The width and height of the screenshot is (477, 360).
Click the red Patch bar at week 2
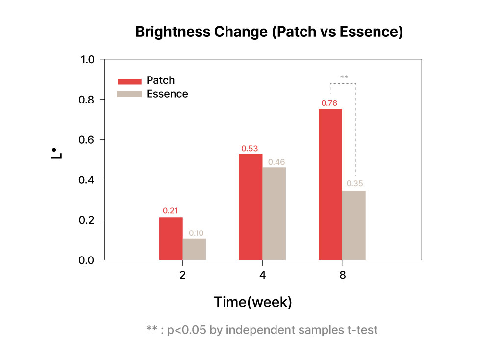(x=171, y=238)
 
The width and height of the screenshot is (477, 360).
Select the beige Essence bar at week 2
(x=195, y=249)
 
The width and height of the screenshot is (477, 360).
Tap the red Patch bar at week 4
(x=251, y=207)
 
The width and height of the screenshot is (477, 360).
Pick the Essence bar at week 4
(x=274, y=214)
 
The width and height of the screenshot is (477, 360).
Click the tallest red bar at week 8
(x=330, y=184)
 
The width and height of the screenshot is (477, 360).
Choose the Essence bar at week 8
(x=354, y=226)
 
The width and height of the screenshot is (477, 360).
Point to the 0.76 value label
(x=329, y=103)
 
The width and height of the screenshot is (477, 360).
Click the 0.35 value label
(x=355, y=183)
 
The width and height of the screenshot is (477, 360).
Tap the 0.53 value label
(x=250, y=149)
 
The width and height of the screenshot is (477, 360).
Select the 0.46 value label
(x=276, y=162)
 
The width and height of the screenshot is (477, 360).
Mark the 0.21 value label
(x=171, y=210)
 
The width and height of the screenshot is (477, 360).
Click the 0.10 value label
(x=196, y=233)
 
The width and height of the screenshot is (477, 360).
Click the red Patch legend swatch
(x=129, y=81)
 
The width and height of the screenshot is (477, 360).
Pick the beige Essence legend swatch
(x=129, y=94)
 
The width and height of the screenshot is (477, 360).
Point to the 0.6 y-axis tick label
(x=86, y=140)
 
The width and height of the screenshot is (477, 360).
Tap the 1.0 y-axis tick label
(x=87, y=60)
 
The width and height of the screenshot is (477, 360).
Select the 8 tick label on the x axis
(x=343, y=275)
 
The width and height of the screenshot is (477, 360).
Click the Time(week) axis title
(x=253, y=302)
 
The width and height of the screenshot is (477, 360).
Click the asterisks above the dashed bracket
(x=344, y=77)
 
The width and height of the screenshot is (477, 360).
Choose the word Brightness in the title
(x=173, y=32)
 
